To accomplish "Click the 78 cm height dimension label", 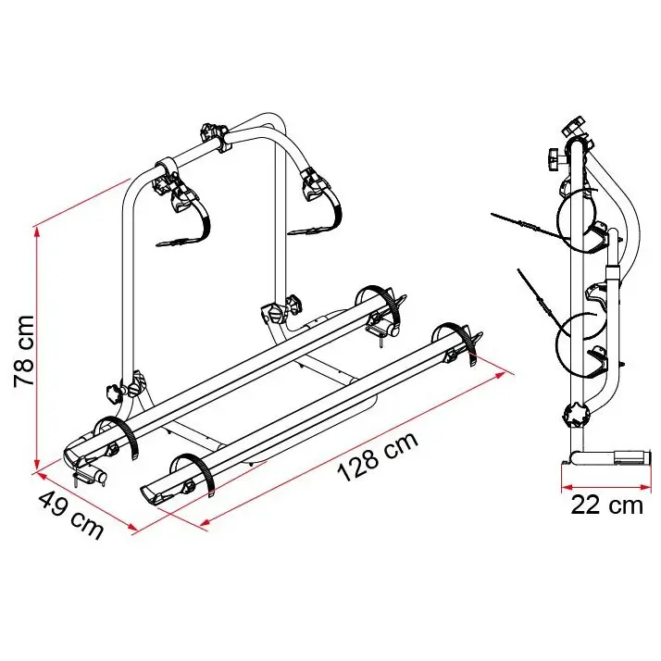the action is pos(24,351).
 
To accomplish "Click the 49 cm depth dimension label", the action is pos(70,516).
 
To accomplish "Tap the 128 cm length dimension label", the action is pos(378,456).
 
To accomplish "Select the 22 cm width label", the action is pos(607,505).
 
